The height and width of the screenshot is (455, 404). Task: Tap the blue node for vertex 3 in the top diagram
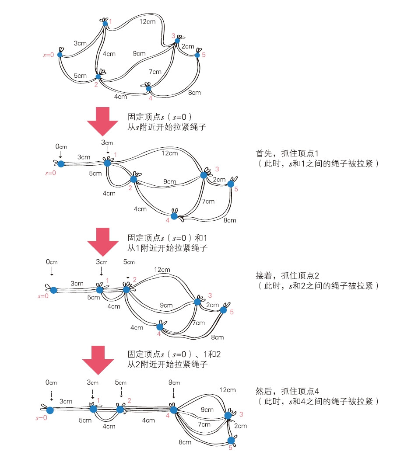(x=177, y=41)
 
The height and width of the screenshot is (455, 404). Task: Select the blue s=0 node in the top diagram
(x=60, y=55)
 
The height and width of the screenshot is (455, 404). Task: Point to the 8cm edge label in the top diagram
(x=194, y=92)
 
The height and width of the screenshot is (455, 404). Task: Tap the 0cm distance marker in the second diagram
(x=61, y=147)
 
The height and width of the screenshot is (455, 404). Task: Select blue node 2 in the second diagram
(x=133, y=179)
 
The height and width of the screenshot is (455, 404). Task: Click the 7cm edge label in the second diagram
(x=208, y=201)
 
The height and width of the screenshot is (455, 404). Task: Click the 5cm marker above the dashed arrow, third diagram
(x=129, y=262)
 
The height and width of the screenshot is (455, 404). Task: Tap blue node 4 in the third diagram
(x=160, y=326)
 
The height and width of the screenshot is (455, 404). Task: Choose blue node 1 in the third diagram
(x=100, y=290)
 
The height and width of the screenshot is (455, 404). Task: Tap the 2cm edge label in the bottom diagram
(x=240, y=426)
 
